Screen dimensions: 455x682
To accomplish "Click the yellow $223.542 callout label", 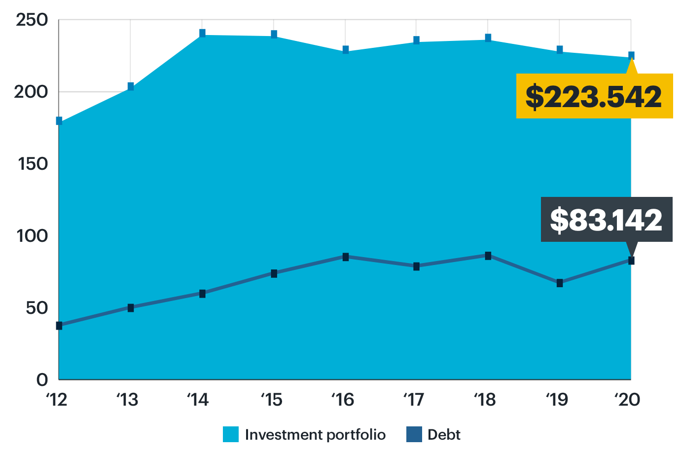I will [594, 96].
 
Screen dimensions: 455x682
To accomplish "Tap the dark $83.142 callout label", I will [606, 220].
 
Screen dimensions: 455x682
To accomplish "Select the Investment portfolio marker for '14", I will [202, 33].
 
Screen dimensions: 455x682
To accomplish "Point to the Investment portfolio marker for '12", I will [59, 121].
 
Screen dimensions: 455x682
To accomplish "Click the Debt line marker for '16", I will [345, 257].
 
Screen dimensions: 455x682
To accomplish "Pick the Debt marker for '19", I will [560, 283].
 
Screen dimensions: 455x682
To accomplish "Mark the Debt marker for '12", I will [59, 325].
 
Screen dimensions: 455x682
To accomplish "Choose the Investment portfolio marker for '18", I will [488, 38].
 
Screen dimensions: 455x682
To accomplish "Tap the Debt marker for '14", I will [202, 294].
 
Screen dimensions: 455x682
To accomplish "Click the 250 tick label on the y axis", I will [32, 20].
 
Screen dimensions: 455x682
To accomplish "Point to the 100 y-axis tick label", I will [32, 236].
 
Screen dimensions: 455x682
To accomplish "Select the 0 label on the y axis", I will [42, 379].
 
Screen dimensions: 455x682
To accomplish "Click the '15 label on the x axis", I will [272, 399].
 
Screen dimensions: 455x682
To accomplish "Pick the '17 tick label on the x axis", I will [414, 399].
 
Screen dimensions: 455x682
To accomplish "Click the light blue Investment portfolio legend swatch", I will [231, 434].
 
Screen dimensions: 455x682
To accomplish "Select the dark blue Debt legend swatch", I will [414, 434].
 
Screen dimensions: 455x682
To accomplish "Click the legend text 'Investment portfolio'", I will [315, 434].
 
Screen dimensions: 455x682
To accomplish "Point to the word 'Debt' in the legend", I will [444, 434].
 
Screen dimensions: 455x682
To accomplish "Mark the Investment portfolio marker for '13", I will [131, 86].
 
